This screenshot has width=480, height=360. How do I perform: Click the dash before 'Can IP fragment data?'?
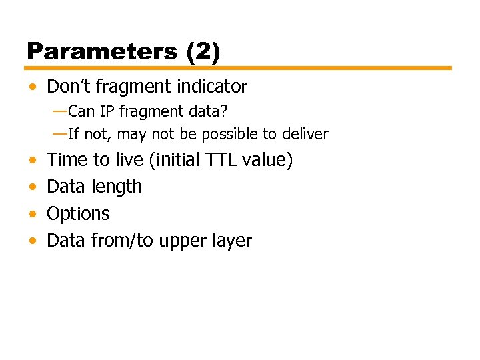59,110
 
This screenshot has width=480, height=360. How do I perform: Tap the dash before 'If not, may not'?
59,133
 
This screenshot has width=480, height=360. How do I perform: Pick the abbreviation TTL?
223,160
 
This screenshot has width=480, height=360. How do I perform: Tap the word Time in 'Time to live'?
67,160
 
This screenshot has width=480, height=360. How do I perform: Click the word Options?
78,214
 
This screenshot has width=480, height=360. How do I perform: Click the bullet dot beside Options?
33,214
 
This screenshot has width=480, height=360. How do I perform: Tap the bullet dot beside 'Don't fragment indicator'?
33,87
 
